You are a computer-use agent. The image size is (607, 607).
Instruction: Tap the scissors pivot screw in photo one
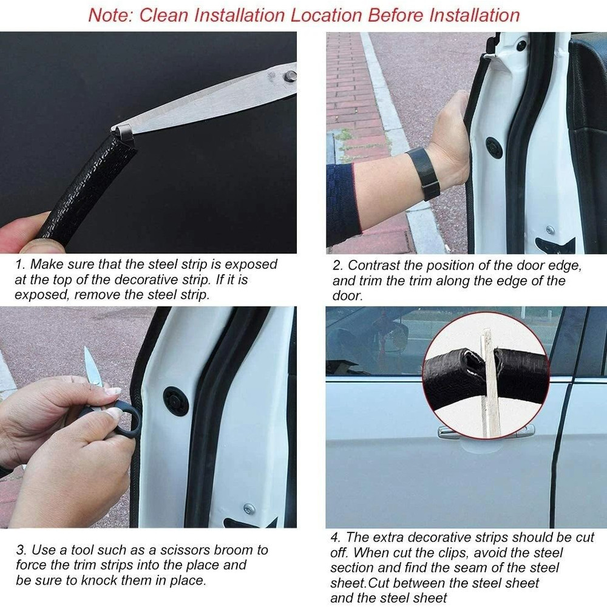coord(290,76)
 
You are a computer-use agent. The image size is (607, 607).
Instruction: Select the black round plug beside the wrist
coord(494,148)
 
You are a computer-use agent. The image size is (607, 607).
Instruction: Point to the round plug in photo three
coord(175,401)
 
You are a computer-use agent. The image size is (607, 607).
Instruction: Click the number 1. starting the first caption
coord(20,265)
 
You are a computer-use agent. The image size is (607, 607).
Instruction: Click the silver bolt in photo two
coord(550,230)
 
